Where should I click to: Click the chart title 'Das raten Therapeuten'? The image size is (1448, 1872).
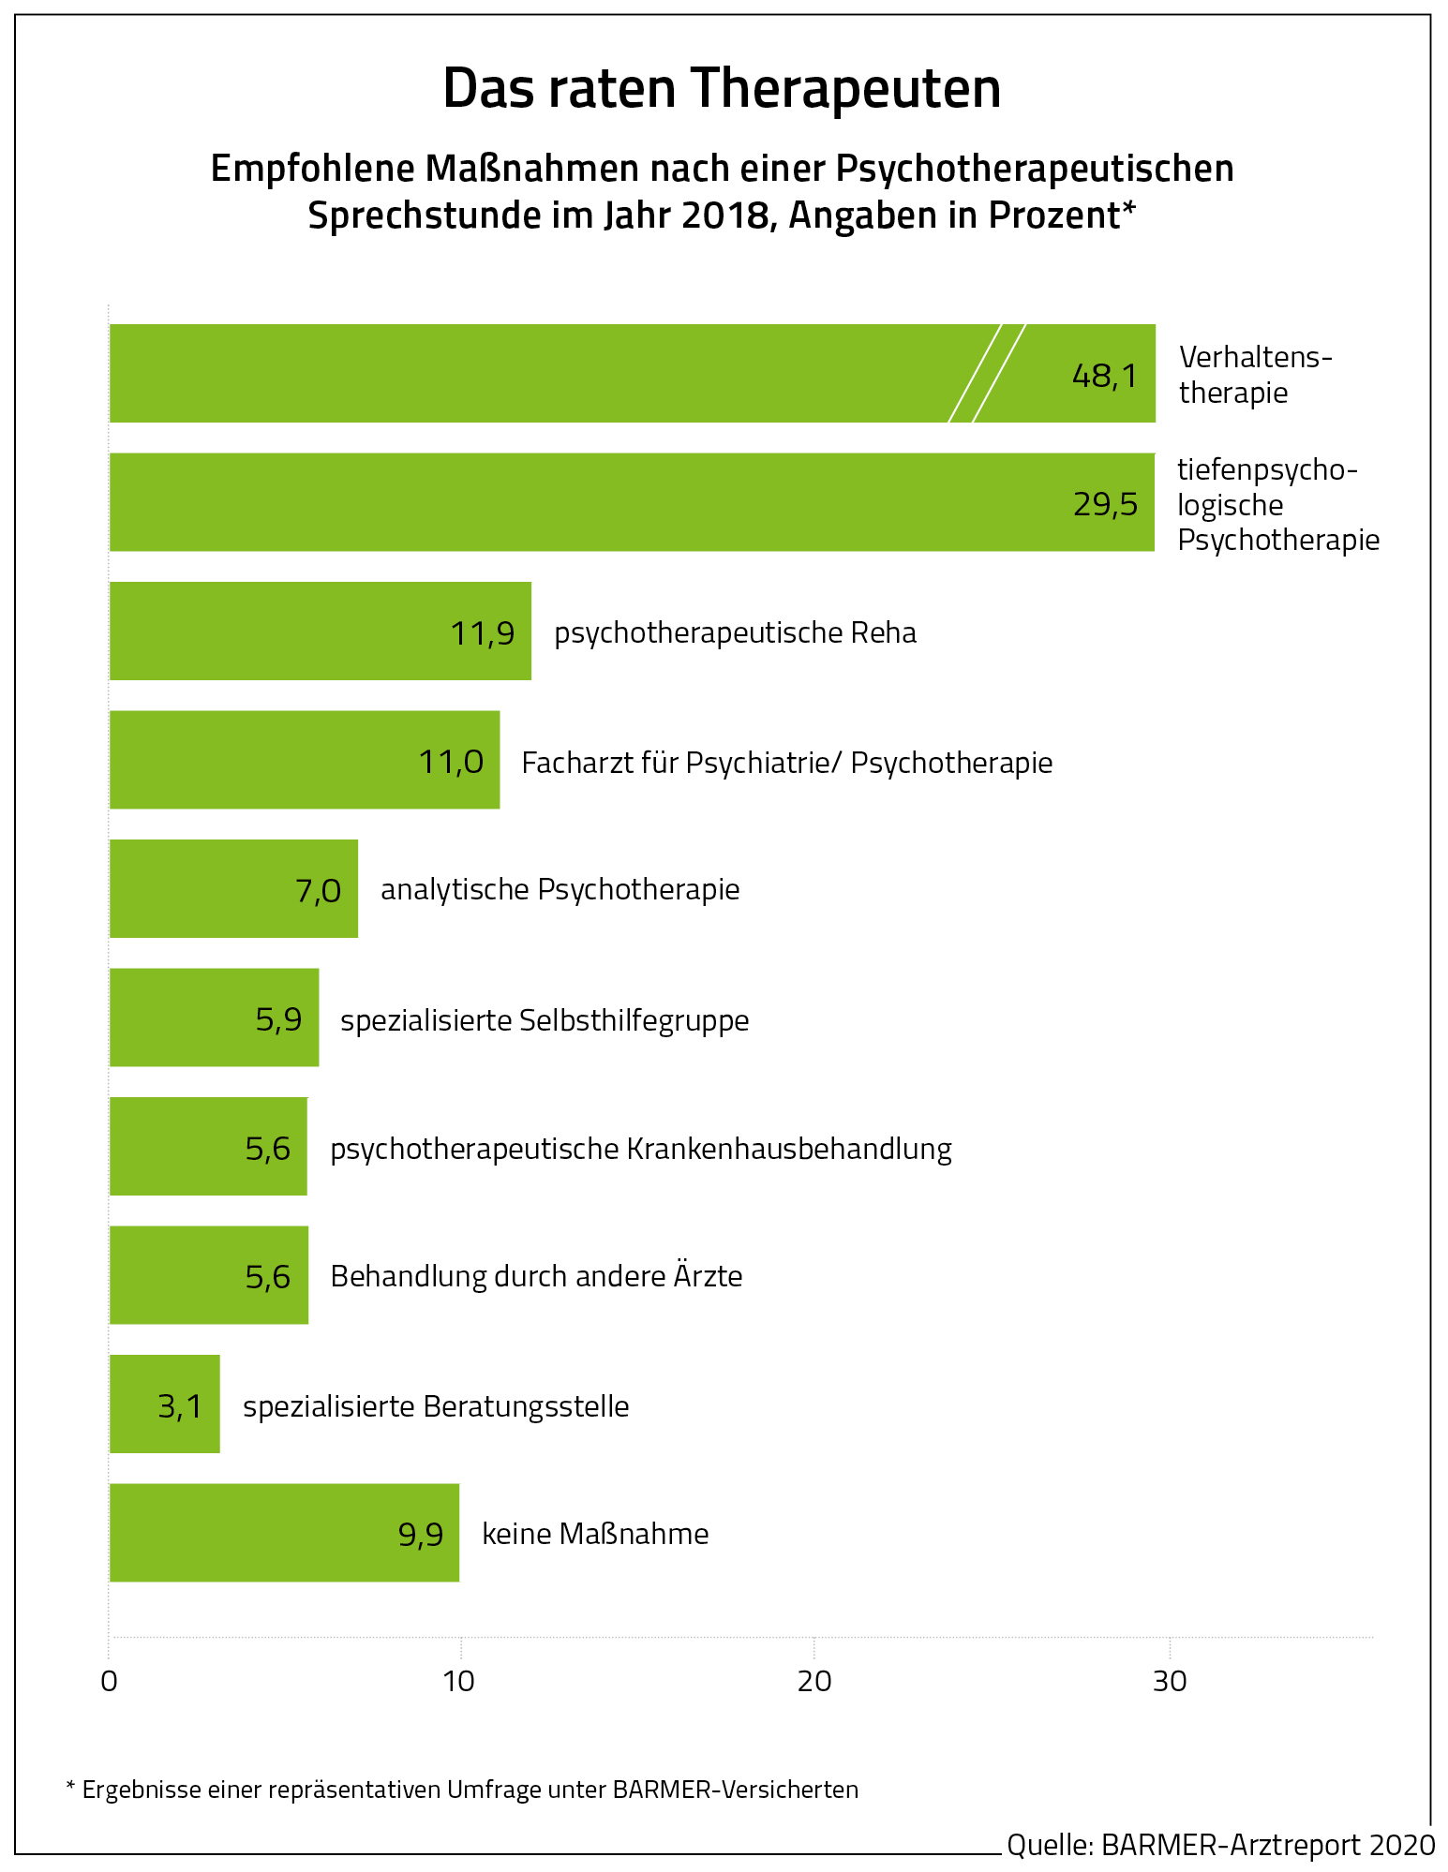722,89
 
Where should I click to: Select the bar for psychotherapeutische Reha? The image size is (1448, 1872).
320,631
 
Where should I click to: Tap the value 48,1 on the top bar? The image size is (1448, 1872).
1104,376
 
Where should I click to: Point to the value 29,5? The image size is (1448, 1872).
1105,505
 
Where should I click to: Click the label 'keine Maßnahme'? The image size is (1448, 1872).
595,1534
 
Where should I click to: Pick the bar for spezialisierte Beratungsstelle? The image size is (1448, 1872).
164,1404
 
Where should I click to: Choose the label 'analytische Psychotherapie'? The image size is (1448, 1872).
560,889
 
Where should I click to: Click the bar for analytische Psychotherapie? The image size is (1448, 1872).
233,888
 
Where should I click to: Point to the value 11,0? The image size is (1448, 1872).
451,762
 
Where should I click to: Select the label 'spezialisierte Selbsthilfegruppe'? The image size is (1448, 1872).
545,1019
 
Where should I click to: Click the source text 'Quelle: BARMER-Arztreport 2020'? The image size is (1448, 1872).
1220,1844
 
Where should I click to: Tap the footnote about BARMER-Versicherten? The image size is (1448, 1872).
462,1790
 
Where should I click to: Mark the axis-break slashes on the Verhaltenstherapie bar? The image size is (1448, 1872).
987,373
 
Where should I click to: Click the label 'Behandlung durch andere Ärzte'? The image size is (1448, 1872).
536,1276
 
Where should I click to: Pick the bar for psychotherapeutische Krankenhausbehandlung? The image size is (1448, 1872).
208,1146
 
